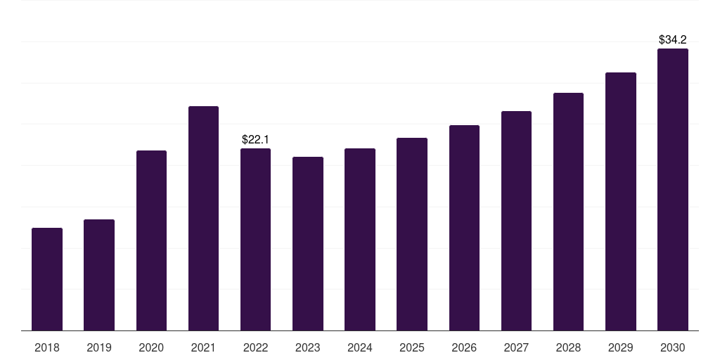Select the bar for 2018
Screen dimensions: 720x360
47,279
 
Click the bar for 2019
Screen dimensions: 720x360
99,275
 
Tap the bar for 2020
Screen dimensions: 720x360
152,240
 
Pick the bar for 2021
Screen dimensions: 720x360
203,219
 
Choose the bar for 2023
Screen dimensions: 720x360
308,244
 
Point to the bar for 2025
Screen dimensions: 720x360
412,234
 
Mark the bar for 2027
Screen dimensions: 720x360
516,221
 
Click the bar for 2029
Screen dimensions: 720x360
621,202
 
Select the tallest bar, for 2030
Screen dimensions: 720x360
673,190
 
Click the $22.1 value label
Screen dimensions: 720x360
255,139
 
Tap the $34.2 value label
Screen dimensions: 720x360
673,39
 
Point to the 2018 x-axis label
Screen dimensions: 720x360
47,347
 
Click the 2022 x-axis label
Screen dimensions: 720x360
255,347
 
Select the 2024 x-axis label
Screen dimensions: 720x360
359,347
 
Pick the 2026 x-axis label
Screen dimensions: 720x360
464,347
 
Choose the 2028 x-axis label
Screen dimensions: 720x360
568,347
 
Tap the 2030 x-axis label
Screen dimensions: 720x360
673,347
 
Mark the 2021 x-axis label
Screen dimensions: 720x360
203,347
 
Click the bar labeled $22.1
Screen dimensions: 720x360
255,240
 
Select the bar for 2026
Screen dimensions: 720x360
464,228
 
